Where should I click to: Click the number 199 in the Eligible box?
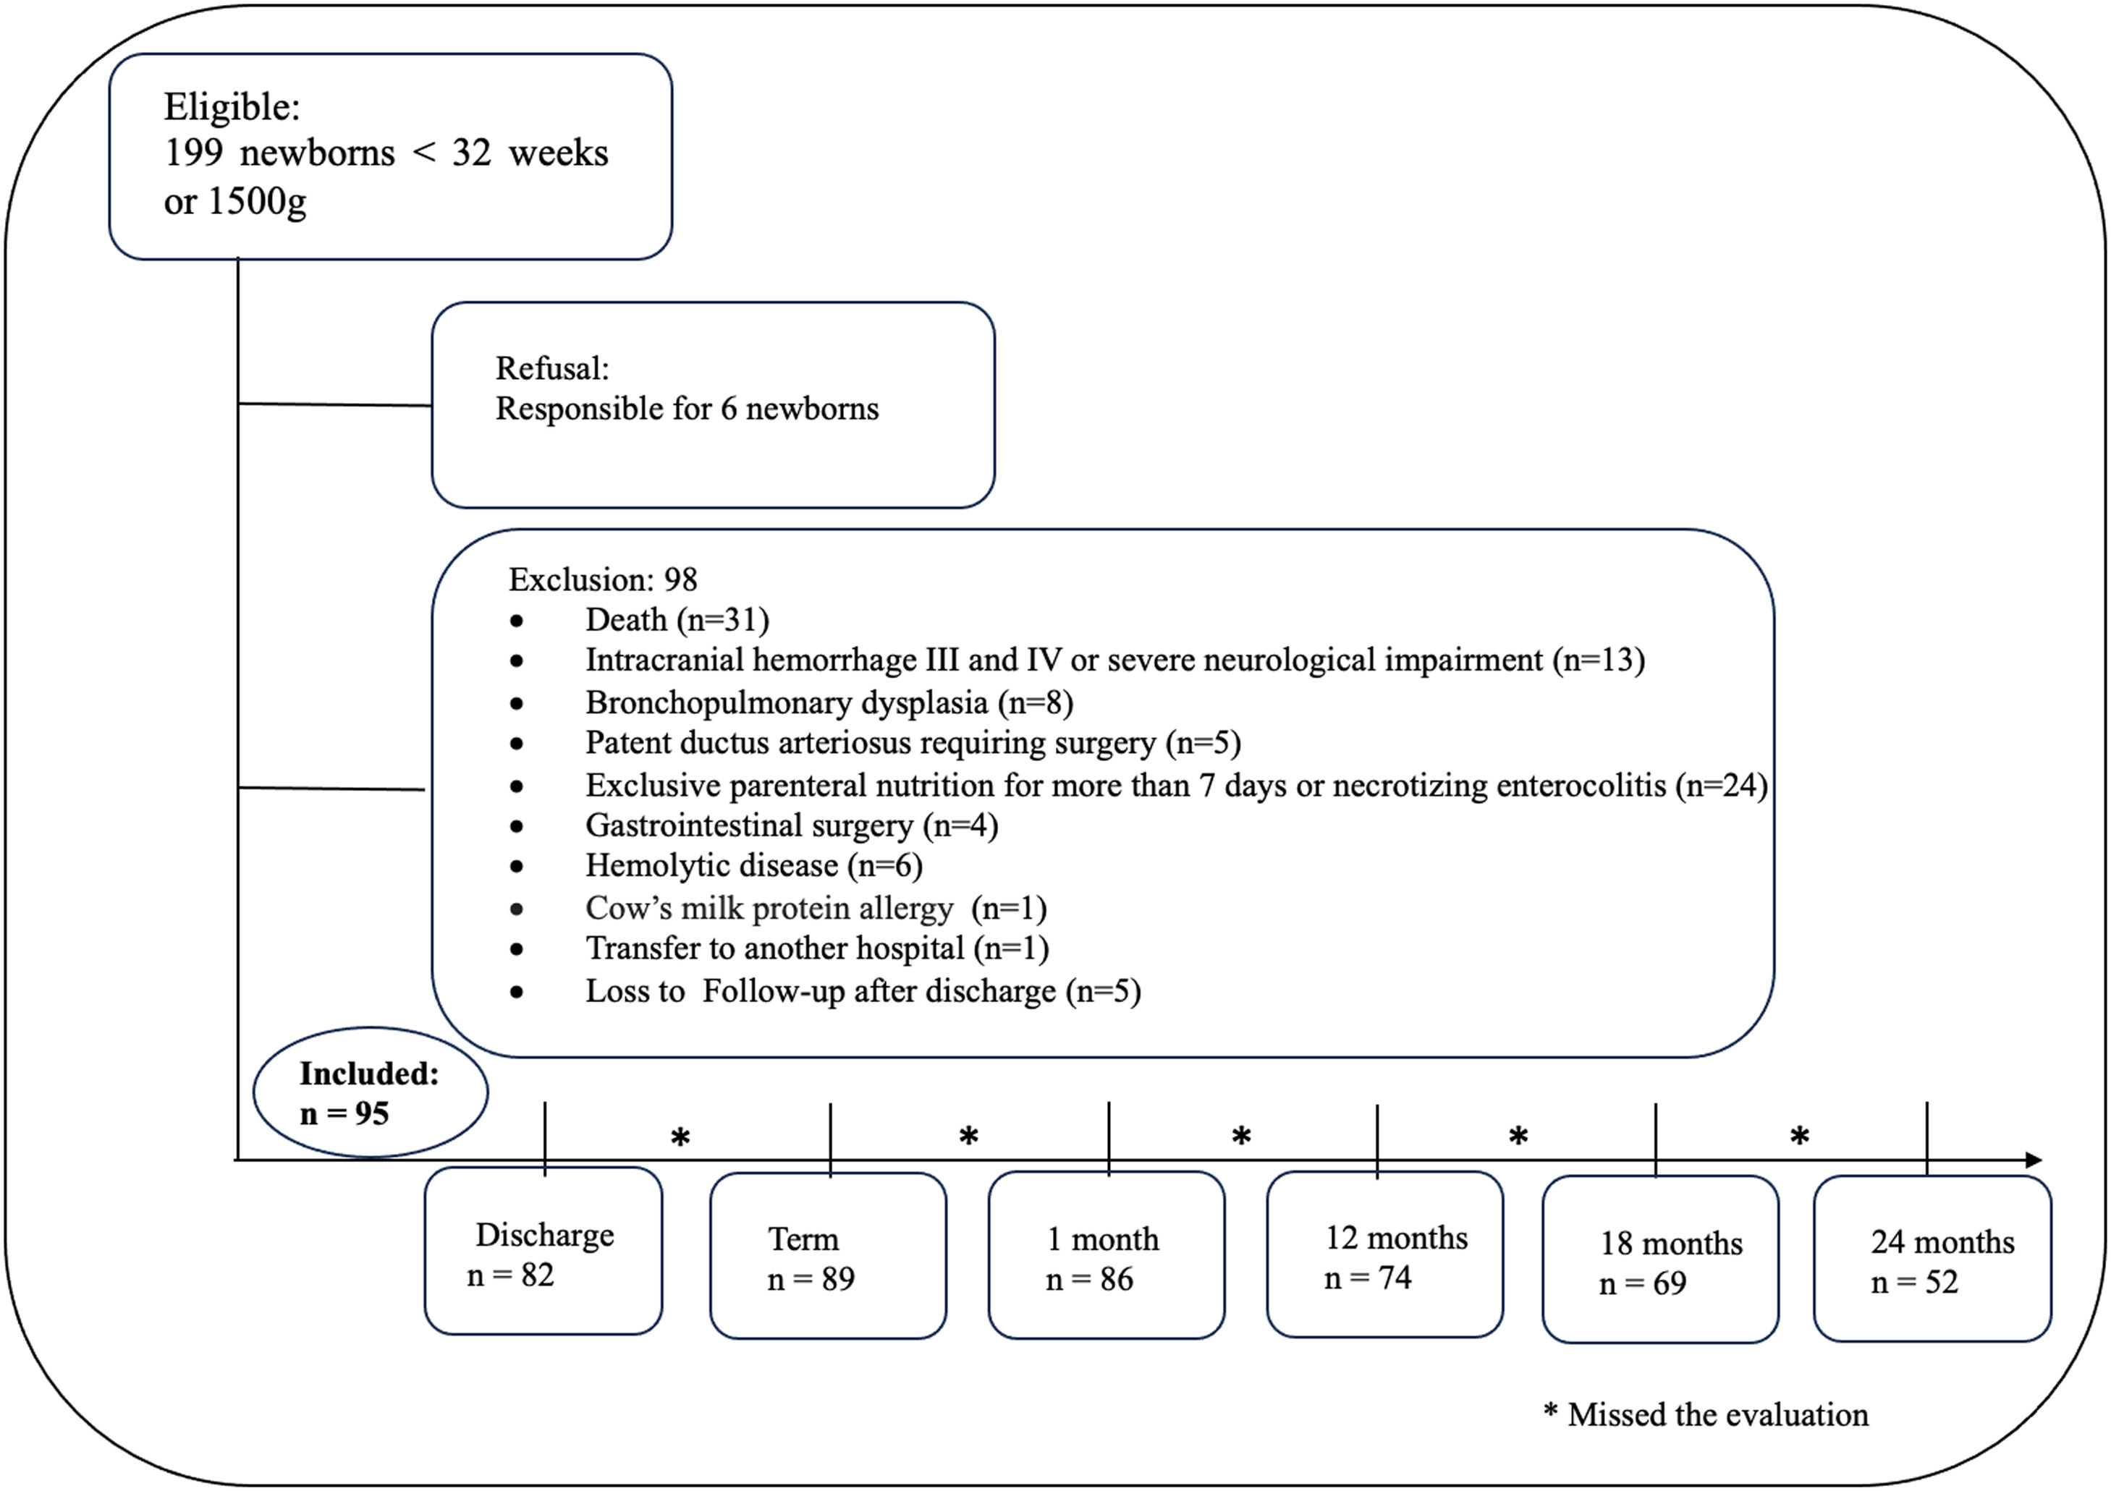coord(193,153)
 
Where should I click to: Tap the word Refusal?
coord(551,369)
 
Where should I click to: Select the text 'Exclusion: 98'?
coord(602,580)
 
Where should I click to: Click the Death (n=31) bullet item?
coord(677,621)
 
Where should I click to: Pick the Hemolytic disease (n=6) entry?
coord(753,866)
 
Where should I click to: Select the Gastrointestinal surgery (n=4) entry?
coord(791,825)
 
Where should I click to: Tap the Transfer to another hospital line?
coord(816,948)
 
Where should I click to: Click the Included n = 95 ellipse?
coord(370,1093)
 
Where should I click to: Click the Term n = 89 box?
coord(827,1257)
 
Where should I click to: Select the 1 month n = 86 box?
coord(1106,1257)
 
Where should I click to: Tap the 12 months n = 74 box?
coord(1384,1257)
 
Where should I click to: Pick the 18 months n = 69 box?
coord(1659,1261)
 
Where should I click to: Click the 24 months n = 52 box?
coord(1932,1260)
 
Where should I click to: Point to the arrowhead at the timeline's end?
coord(2033,1160)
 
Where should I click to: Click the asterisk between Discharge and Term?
coord(680,1139)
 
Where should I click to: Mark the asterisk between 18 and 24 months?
coord(1799,1137)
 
